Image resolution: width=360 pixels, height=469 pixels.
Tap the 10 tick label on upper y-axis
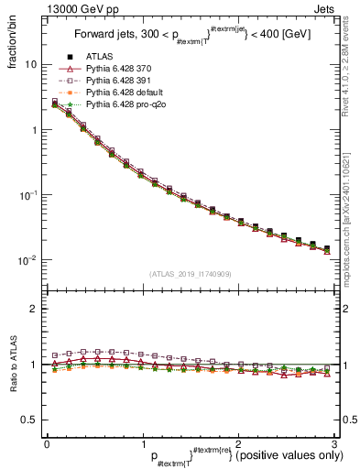29,64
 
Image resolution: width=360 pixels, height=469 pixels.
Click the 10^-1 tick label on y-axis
27,195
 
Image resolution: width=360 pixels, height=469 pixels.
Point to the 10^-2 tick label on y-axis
27,260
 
